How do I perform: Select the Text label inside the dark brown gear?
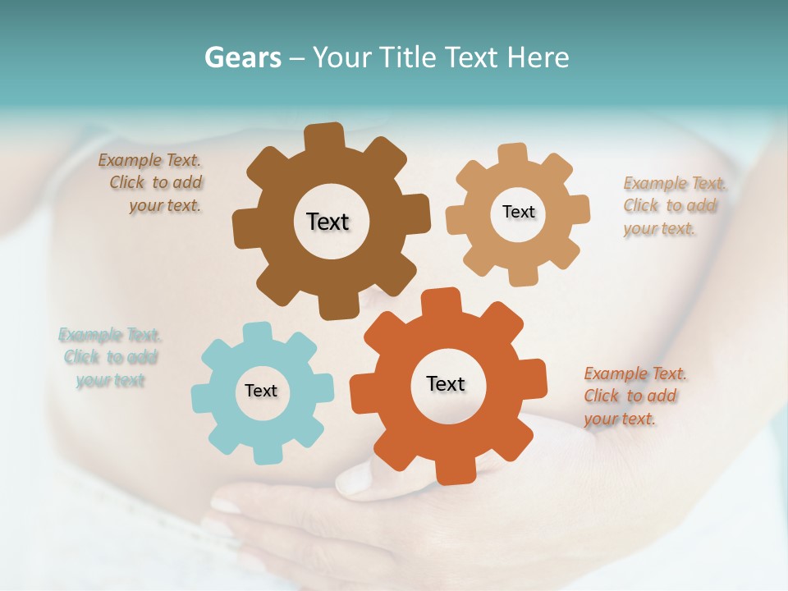328,222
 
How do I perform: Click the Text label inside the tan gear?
518,212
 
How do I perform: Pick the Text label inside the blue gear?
261,391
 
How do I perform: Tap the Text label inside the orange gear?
446,383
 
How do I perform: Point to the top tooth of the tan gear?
513,154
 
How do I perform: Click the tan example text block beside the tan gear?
670,205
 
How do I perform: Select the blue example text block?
110,357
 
